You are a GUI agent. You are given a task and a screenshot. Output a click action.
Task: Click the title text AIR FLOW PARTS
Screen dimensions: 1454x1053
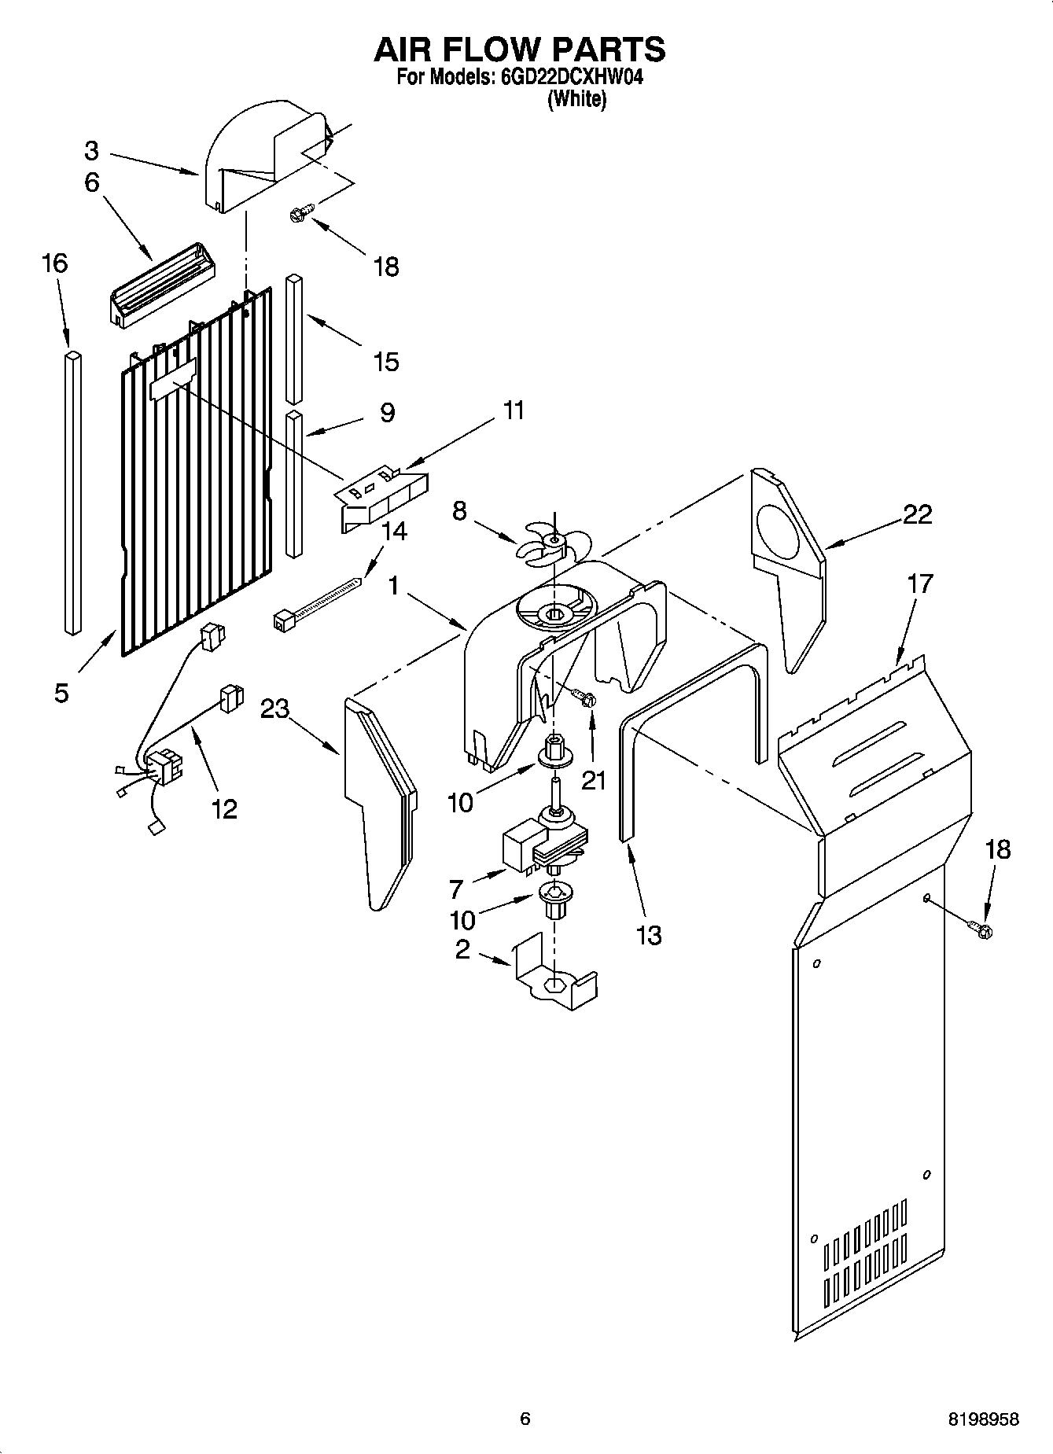point(519,50)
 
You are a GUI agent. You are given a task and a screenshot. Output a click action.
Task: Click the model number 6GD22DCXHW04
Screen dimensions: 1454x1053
point(565,79)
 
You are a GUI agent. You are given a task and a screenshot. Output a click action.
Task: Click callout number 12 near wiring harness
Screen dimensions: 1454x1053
point(223,808)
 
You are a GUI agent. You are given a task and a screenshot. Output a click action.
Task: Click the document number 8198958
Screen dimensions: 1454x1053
point(982,1419)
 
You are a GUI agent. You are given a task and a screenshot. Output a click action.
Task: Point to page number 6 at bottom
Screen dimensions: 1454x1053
point(525,1419)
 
